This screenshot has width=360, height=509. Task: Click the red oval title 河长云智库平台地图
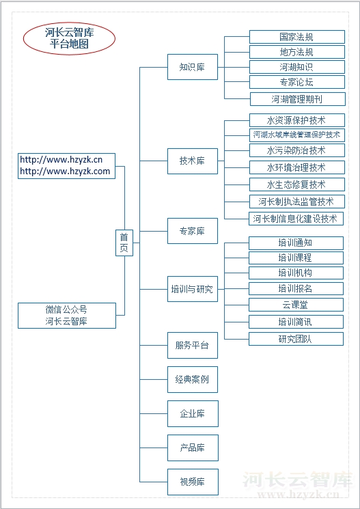(x=69, y=38)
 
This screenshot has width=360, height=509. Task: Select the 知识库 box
(x=193, y=67)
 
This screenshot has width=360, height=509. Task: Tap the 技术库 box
(x=193, y=161)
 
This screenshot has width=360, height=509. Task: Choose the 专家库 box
(x=193, y=231)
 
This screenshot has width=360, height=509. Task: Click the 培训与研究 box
(x=193, y=289)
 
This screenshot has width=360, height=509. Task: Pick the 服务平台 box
(x=193, y=345)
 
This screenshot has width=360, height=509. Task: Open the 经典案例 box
(x=193, y=379)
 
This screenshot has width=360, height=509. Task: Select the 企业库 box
(x=193, y=413)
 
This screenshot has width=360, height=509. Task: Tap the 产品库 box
(x=193, y=448)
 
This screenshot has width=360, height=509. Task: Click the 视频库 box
(x=193, y=482)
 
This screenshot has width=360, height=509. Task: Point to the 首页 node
(x=124, y=243)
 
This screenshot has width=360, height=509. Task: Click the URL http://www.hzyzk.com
(x=66, y=171)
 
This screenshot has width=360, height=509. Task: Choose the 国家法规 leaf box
(x=296, y=37)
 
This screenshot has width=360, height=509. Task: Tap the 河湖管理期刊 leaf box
(x=297, y=99)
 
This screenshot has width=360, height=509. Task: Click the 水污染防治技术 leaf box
(x=296, y=150)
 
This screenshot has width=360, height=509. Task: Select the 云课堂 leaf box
(x=296, y=305)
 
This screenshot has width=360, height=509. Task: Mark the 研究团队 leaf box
(x=296, y=339)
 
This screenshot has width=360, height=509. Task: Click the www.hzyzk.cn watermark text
(x=298, y=494)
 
